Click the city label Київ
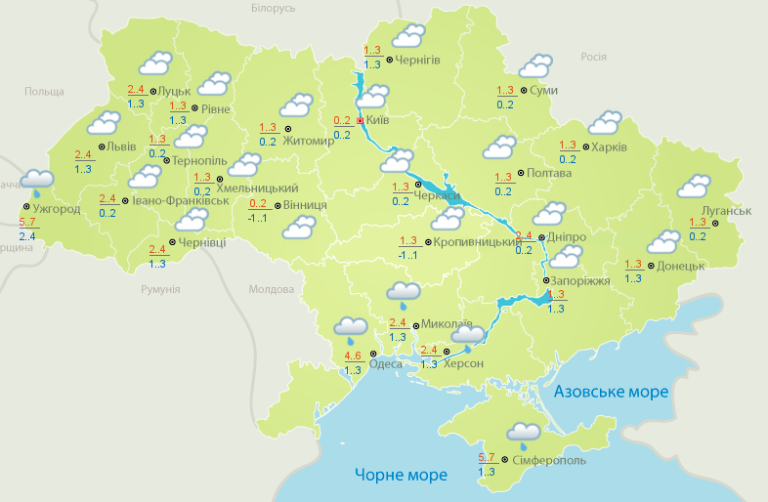(377, 120)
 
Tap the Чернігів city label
(418, 60)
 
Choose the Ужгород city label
(55, 208)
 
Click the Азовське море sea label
(611, 392)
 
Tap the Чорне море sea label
(401, 476)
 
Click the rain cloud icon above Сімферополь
(524, 433)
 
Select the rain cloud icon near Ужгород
(37, 180)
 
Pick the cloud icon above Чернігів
(407, 37)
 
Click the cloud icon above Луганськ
(694, 186)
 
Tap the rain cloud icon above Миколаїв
(404, 292)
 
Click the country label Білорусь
(273, 9)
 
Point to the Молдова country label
(271, 289)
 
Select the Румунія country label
(160, 289)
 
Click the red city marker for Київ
(360, 120)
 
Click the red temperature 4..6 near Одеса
(354, 356)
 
